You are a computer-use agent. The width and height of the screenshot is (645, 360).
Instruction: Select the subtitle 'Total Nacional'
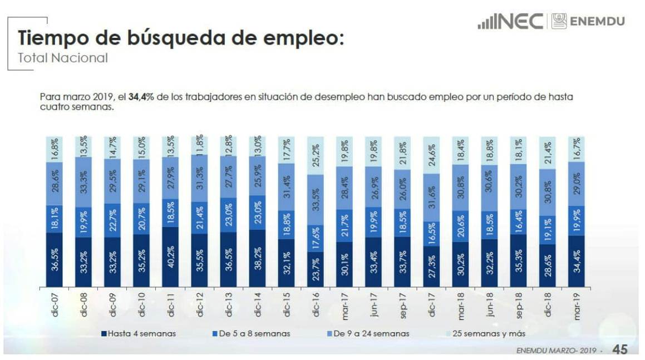62,57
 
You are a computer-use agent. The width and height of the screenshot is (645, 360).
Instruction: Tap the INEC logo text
510,22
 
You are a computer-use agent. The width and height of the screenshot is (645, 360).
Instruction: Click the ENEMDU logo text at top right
597,22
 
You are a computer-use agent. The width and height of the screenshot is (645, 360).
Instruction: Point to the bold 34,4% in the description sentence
141,97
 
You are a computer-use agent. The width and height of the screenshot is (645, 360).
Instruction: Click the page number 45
620,349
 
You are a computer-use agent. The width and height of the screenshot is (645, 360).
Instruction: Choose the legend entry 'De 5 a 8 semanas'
253,334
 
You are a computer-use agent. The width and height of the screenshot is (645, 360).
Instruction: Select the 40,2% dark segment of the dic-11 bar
170,257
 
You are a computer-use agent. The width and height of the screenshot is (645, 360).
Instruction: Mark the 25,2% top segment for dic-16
316,155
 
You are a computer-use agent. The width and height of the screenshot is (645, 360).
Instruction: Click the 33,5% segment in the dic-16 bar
316,199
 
